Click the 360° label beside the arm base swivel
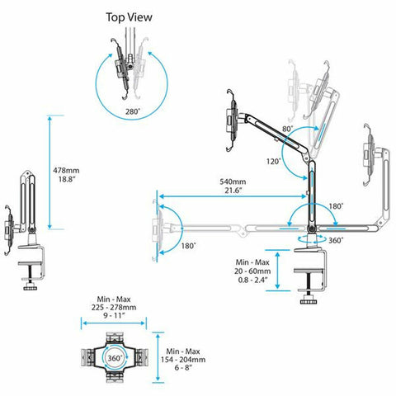click(335, 240)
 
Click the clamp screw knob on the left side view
click(33, 286)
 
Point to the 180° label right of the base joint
click(337, 205)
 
